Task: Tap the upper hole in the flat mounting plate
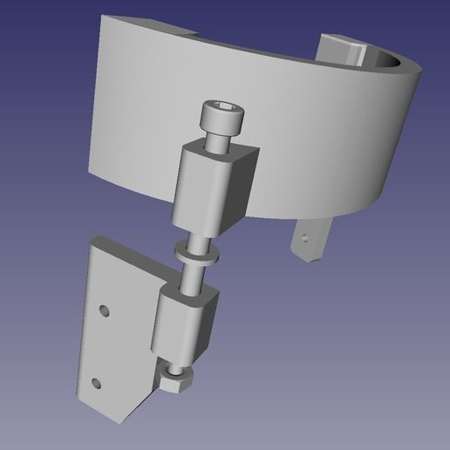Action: pyautogui.click(x=105, y=310)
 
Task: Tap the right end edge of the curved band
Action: pyautogui.click(x=401, y=131)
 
